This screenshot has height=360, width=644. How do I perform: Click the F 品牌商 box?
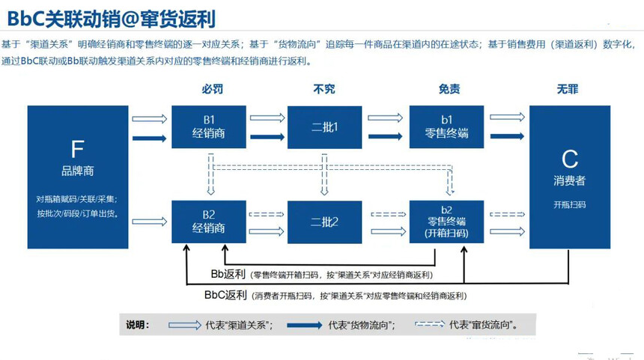coord(77,177)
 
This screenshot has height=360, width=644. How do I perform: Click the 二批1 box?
coord(325,126)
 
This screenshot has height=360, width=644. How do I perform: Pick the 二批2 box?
coord(325,222)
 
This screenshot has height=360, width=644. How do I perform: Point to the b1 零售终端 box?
coord(446,126)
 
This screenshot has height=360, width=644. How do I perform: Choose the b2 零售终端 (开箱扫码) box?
coord(446,222)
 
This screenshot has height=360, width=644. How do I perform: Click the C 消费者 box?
coord(570,177)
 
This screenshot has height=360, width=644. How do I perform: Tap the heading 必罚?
coord(212,89)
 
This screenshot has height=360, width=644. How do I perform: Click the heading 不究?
coord(324,89)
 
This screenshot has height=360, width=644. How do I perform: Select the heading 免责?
coord(449,89)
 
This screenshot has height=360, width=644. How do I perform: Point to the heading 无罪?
coord(568,89)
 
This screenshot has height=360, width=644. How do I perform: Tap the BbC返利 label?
coord(225,296)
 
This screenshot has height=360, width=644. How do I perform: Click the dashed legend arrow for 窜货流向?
coord(429,326)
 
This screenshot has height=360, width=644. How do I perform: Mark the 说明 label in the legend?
coord(138,326)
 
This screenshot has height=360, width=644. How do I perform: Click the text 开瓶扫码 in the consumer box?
coord(570,204)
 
